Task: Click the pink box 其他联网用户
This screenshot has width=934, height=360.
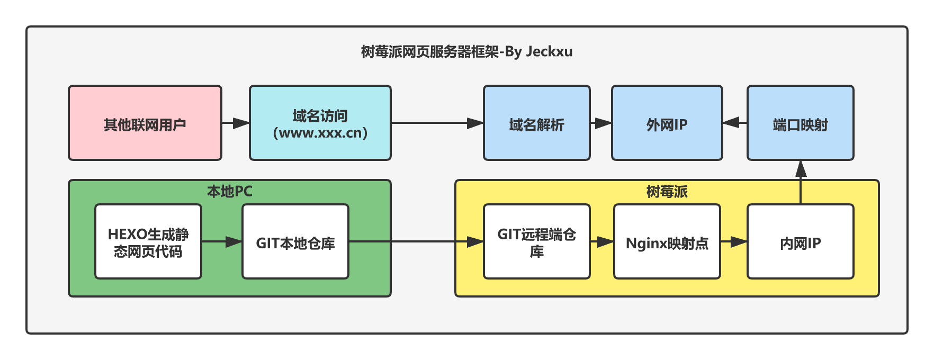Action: [145, 123]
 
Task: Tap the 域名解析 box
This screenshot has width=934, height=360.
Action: [536, 123]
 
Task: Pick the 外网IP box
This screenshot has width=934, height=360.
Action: [667, 123]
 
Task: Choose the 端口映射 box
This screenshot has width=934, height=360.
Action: [800, 123]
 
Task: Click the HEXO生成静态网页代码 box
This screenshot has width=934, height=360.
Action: [148, 241]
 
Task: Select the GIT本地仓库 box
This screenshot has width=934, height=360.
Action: [295, 241]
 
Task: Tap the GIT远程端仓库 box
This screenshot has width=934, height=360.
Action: [536, 241]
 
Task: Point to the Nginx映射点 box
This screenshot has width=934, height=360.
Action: [667, 241]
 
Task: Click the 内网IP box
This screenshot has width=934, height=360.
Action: [800, 241]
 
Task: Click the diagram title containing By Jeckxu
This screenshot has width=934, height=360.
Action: [466, 52]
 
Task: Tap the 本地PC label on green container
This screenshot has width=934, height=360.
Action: [229, 191]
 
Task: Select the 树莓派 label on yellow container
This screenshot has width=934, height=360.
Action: [667, 191]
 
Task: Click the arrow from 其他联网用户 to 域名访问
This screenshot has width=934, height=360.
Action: [235, 123]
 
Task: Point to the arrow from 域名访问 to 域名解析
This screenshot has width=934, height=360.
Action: [437, 123]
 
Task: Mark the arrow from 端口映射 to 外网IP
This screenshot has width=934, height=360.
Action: [735, 123]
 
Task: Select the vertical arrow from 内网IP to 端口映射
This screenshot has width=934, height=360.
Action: [801, 182]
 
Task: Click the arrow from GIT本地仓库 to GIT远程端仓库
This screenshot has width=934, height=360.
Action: [416, 241]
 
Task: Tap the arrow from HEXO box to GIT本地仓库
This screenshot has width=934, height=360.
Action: [221, 241]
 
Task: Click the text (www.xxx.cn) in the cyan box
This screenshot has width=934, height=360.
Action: [320, 132]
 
